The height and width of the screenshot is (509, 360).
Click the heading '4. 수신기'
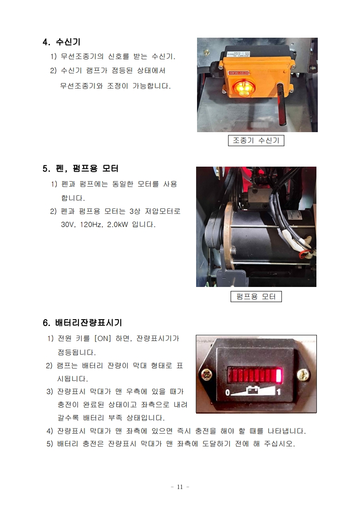click(x=61, y=42)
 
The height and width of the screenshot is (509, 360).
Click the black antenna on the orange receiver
click(x=281, y=104)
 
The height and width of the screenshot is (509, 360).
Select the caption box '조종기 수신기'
click(x=256, y=141)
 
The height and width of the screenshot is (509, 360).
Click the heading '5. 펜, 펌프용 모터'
click(x=80, y=168)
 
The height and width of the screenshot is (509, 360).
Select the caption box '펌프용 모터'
click(x=256, y=297)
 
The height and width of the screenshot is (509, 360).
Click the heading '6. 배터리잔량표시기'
click(x=83, y=323)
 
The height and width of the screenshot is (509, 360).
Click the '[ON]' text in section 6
click(x=103, y=339)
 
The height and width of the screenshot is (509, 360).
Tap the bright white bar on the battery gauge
click(x=279, y=375)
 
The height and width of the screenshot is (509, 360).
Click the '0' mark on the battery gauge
click(x=227, y=392)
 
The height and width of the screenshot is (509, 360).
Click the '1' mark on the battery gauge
click(x=279, y=392)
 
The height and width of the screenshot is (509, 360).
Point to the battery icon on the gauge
click(x=253, y=389)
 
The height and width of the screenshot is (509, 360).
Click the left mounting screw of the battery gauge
click(x=206, y=375)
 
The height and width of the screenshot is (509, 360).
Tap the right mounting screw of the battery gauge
click(x=303, y=375)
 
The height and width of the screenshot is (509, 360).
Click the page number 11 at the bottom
click(x=180, y=487)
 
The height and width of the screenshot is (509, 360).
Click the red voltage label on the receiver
click(x=239, y=73)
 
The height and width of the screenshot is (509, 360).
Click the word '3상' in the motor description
click(x=135, y=211)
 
